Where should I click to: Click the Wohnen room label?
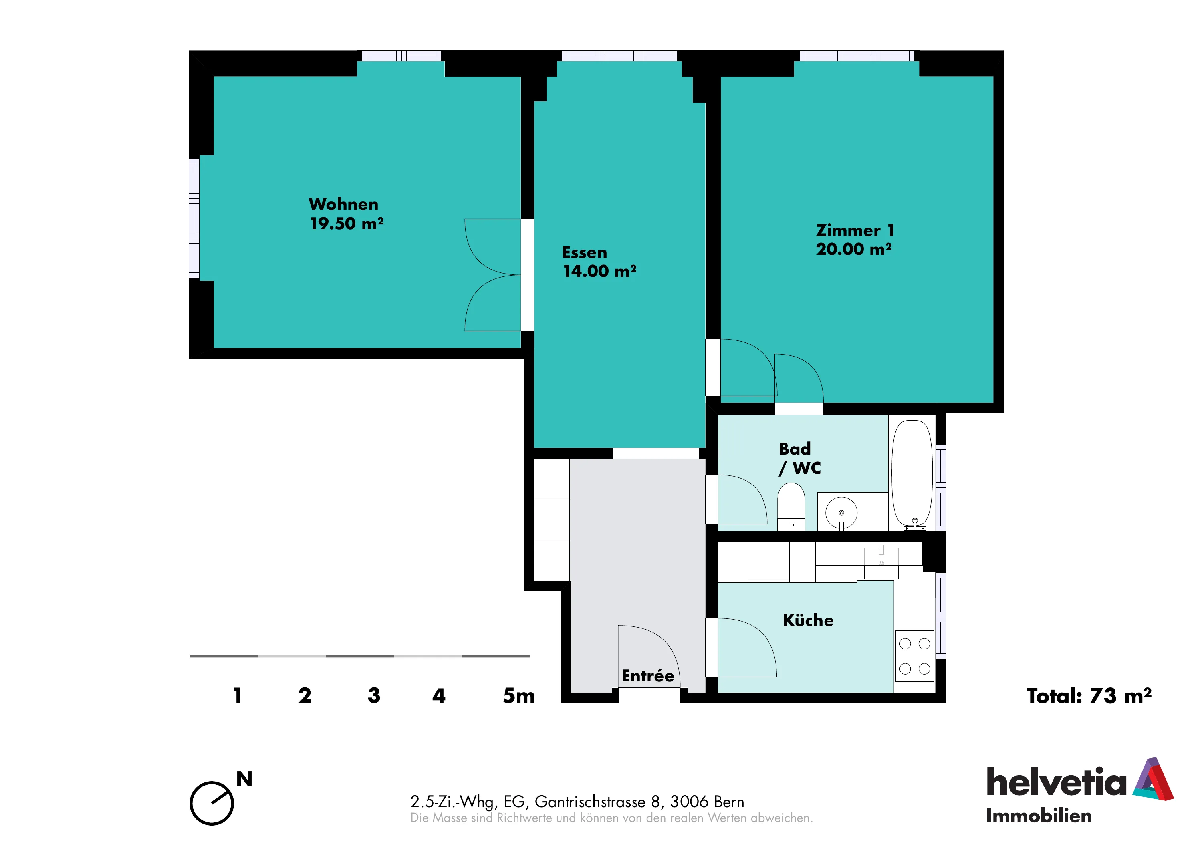[x=343, y=204]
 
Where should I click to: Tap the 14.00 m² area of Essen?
[x=600, y=271]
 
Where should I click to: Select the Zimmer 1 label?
[x=855, y=230]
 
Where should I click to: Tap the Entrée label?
[x=647, y=676]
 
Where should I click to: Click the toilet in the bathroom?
[x=791, y=507]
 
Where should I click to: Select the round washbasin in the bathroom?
[x=841, y=512]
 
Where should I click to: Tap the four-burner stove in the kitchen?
[x=915, y=656]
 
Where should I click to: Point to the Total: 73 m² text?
[x=1089, y=696]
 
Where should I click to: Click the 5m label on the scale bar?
[x=519, y=696]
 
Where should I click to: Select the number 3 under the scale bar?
[x=374, y=696]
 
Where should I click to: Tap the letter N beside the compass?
[x=244, y=780]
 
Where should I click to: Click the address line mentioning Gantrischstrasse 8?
[x=577, y=802]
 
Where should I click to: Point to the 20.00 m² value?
[x=854, y=249]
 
